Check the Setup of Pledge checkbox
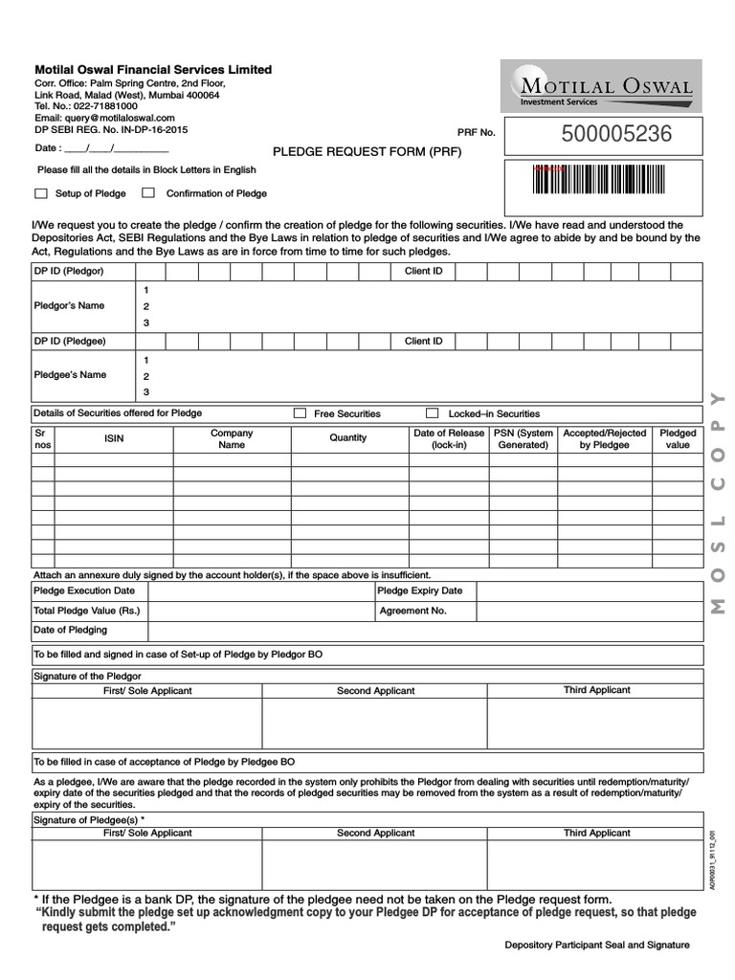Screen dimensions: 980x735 click(x=40, y=193)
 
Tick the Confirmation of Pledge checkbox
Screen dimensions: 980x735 click(x=148, y=193)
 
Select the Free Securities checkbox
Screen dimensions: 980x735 click(x=300, y=413)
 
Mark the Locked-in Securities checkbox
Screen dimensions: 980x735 click(x=432, y=413)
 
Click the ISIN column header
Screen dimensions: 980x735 click(x=113, y=438)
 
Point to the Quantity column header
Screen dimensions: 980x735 click(x=347, y=438)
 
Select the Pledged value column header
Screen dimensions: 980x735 click(x=678, y=439)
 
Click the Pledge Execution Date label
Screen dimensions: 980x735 click(x=84, y=591)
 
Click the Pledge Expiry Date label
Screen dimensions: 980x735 click(x=420, y=591)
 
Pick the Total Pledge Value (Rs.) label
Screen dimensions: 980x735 click(x=87, y=611)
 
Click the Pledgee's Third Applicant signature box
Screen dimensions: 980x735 click(x=596, y=865)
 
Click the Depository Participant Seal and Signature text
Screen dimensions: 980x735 click(x=597, y=946)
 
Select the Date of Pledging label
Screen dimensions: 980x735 click(x=71, y=630)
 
